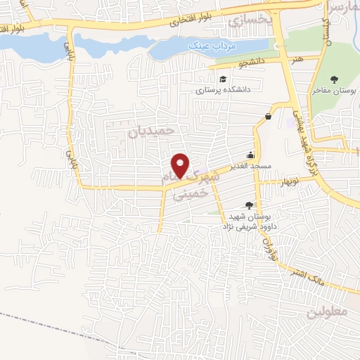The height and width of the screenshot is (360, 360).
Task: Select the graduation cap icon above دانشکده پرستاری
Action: tap(223, 79)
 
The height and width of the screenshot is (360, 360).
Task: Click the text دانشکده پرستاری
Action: tap(223, 90)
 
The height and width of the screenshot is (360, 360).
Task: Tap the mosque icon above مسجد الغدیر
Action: tap(250, 155)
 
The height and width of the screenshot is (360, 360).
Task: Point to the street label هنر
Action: tap(299, 60)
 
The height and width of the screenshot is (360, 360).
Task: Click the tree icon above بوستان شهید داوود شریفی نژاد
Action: tap(247, 205)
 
